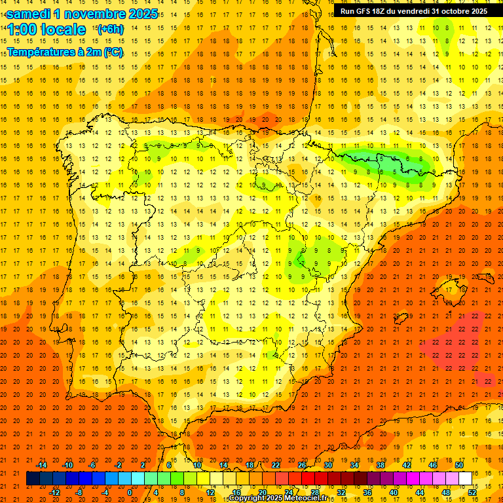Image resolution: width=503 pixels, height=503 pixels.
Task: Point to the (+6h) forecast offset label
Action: click(x=110, y=29)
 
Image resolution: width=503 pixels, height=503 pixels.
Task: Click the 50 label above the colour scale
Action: click(x=459, y=465)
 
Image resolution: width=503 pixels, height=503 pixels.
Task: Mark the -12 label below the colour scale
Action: click(x=54, y=493)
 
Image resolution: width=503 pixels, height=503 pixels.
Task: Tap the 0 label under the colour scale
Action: click(x=130, y=493)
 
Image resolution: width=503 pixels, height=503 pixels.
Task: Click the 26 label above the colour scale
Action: click(x=302, y=465)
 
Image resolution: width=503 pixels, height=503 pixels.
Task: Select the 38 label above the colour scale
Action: click(x=381, y=465)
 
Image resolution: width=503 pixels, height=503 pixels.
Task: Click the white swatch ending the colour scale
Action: click(x=465, y=478)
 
